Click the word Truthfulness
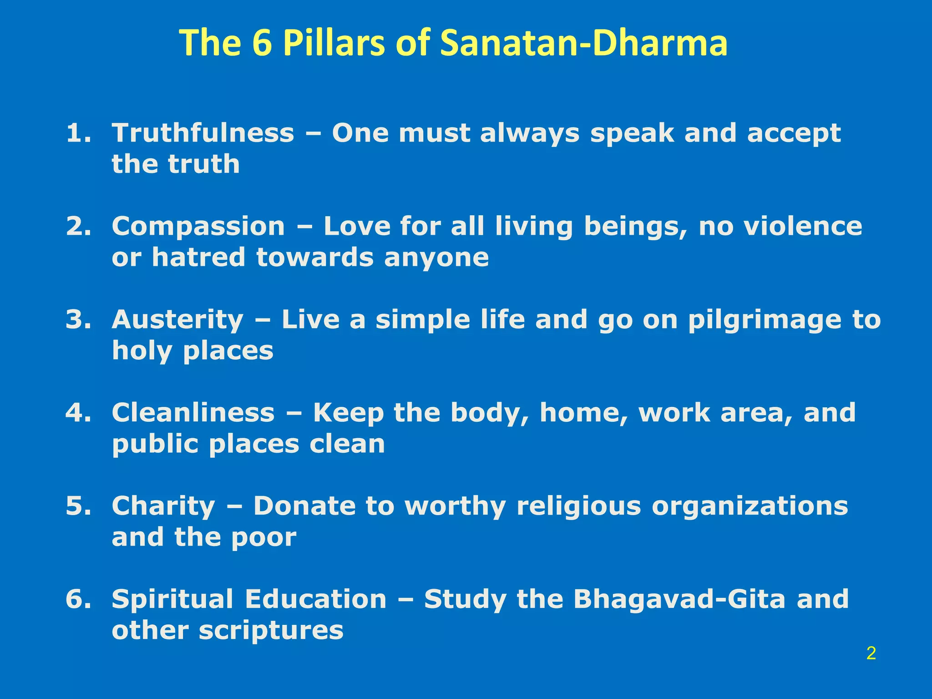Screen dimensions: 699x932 (x=203, y=133)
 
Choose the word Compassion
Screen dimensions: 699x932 (x=198, y=227)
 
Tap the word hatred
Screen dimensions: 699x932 (x=199, y=258)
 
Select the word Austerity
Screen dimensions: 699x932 (x=177, y=319)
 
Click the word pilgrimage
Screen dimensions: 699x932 (x=765, y=320)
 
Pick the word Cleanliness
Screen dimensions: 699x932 (x=193, y=413)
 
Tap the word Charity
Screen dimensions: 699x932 (x=163, y=507)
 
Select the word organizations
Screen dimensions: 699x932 (x=750, y=507)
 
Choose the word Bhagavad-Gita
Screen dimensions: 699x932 (x=679, y=599)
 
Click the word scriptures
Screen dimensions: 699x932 (x=271, y=631)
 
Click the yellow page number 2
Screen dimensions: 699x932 (x=871, y=653)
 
